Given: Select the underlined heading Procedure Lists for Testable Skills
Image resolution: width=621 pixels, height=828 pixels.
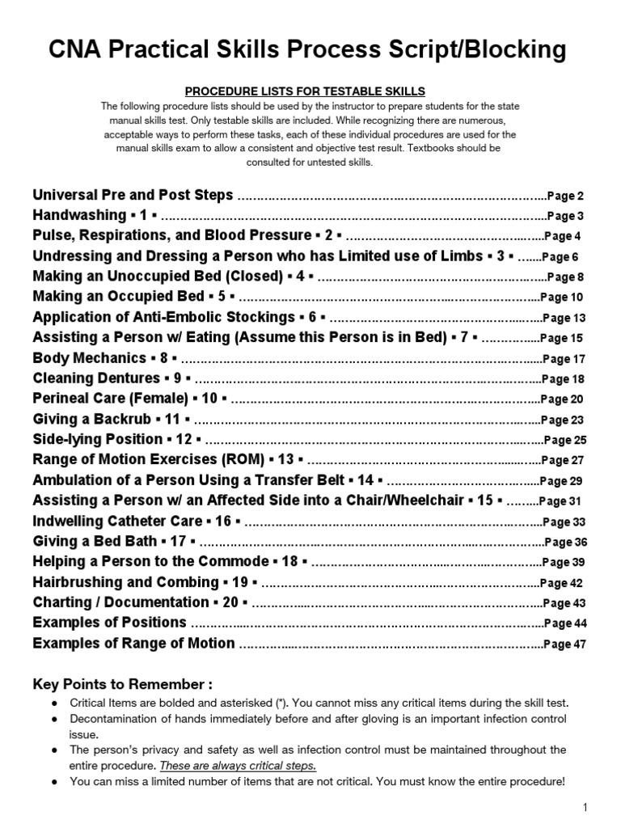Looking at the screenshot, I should pyautogui.click(x=310, y=92).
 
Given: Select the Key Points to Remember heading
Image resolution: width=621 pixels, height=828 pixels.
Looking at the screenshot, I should pyautogui.click(x=123, y=685).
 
